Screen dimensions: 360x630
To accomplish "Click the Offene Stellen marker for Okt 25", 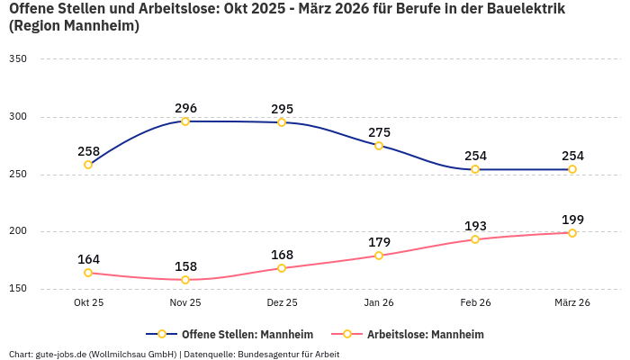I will [88, 165].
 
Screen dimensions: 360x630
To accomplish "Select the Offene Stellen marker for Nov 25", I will [185, 121].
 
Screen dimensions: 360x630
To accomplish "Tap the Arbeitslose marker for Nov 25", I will [185, 280].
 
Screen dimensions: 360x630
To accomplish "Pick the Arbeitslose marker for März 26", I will [572, 233].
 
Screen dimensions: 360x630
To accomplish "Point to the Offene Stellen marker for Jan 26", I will [379, 146].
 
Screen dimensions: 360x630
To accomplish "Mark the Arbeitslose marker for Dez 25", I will [282, 268].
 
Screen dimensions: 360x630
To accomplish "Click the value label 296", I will [185, 108].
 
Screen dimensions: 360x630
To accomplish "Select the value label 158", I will [185, 266].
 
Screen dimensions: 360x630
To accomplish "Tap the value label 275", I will [379, 132].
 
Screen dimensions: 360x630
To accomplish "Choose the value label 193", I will [475, 226].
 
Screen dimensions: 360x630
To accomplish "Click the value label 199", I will [572, 220].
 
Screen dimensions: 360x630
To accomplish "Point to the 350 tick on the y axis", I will [18, 59].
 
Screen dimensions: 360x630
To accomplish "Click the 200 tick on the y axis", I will [18, 231].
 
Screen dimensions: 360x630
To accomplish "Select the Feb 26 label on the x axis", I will [475, 303].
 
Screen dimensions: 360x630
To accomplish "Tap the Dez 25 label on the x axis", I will [282, 303].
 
